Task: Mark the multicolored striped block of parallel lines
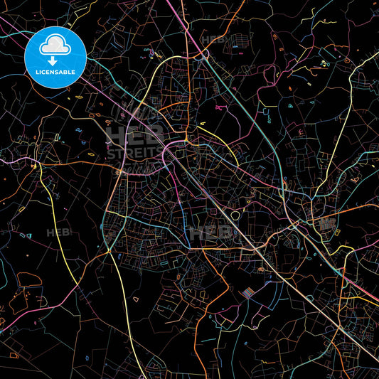[248, 293]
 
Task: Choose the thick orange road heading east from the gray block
[356, 210]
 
